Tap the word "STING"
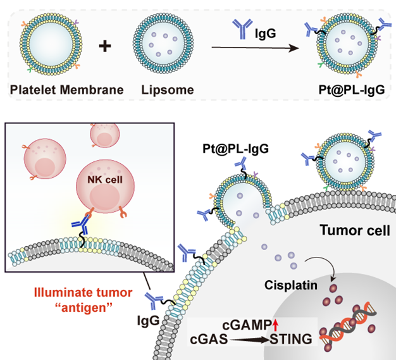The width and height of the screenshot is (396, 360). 292,340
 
